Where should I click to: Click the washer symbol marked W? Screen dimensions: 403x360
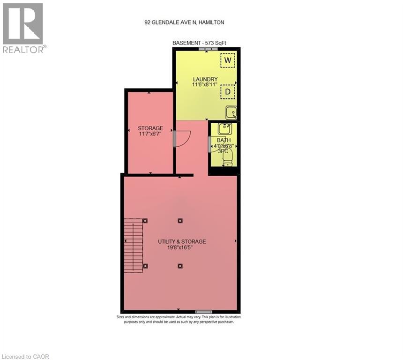[x=228, y=60]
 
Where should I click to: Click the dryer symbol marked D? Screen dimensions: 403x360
[x=228, y=92]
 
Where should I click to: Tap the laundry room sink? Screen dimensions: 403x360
[x=231, y=112]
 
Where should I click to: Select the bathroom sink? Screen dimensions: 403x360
[x=225, y=128]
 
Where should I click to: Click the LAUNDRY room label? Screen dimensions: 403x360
[x=205, y=79]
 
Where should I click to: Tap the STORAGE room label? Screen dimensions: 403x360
[x=150, y=128]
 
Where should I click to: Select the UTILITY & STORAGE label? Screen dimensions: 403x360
[x=182, y=241]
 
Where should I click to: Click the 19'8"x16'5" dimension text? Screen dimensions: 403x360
[x=180, y=247]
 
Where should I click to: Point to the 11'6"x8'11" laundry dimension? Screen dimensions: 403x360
[x=205, y=84]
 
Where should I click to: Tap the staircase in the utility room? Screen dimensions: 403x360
[x=134, y=246]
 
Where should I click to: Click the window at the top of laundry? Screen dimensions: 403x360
[x=208, y=49]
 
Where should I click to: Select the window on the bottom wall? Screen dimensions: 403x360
[x=203, y=312]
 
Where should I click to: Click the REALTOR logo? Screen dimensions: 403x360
[x=24, y=28]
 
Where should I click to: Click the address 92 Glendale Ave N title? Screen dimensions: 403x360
[x=184, y=22]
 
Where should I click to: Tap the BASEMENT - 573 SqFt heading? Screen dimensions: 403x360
[x=199, y=43]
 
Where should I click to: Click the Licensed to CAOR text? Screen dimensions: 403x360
[x=25, y=357]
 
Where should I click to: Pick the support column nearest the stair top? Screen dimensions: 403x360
[x=145, y=221]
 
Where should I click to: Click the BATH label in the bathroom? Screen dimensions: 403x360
[x=224, y=140]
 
